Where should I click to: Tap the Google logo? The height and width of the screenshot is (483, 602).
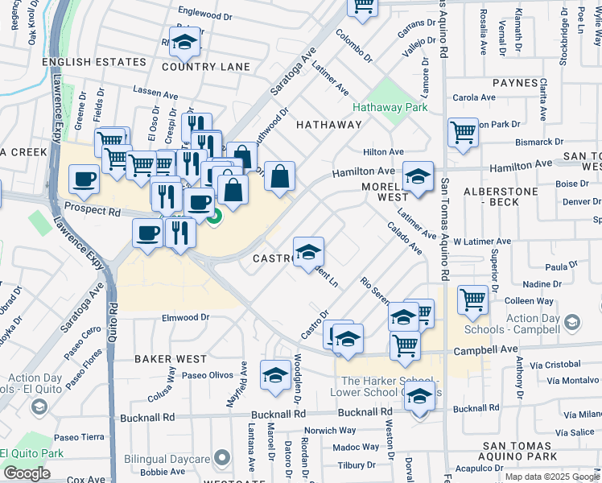[x=27, y=473]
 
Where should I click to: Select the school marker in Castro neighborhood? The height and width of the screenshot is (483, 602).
[x=308, y=252]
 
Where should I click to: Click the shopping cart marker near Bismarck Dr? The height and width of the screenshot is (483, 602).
[x=463, y=132]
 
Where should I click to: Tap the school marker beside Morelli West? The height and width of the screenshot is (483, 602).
[x=418, y=176]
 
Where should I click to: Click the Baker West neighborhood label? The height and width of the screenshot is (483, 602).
[x=170, y=358]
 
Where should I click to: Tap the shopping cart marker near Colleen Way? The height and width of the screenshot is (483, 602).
[x=472, y=300]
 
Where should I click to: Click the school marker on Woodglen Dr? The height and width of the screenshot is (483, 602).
[x=275, y=375]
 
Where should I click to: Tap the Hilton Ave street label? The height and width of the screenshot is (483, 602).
[x=383, y=151]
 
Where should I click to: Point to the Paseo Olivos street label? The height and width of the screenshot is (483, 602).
[x=207, y=375]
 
